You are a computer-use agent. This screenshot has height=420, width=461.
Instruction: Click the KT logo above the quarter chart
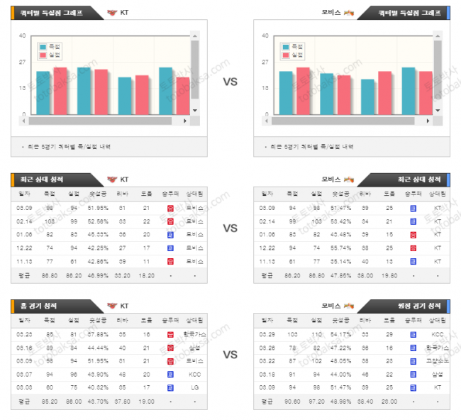tap(113, 13)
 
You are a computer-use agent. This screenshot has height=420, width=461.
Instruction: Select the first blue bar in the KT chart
tap(43, 92)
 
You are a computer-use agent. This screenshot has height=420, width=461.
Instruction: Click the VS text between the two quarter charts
tap(230, 82)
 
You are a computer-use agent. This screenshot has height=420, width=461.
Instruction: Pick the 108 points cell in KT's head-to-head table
tap(50, 221)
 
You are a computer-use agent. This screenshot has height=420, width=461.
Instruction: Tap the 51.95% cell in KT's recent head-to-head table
tap(98, 208)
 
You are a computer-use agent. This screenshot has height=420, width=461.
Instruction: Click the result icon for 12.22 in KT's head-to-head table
tap(170, 248)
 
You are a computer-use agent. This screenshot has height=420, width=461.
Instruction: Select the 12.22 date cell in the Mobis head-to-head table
tap(267, 248)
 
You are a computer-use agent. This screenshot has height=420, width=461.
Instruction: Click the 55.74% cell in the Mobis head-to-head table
tap(340, 248)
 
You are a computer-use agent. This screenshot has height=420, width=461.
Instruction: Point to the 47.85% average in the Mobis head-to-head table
tap(340, 275)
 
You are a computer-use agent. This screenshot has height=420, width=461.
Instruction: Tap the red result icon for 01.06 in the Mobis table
tap(413, 235)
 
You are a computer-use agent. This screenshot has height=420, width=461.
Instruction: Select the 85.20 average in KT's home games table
tap(50, 401)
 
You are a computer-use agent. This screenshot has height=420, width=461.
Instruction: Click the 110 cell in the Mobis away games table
tap(316, 334)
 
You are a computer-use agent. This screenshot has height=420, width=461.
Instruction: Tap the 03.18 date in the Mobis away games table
tap(267, 374)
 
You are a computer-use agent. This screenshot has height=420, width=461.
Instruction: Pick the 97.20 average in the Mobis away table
tap(316, 401)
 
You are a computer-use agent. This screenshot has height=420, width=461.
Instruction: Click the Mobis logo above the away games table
tap(348, 306)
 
